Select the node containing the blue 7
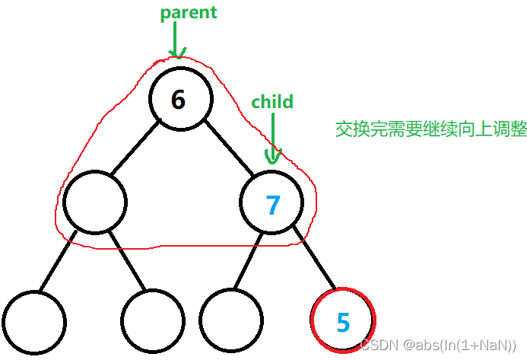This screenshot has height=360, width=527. [271, 203]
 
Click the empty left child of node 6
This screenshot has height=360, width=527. [95, 203]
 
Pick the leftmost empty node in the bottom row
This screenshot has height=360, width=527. [33, 321]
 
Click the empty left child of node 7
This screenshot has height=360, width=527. [232, 321]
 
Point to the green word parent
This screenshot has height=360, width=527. [188, 13]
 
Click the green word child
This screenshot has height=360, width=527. [272, 101]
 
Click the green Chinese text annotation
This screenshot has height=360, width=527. [431, 129]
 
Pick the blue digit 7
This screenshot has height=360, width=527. [272, 204]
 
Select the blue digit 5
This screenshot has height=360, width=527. [344, 322]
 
